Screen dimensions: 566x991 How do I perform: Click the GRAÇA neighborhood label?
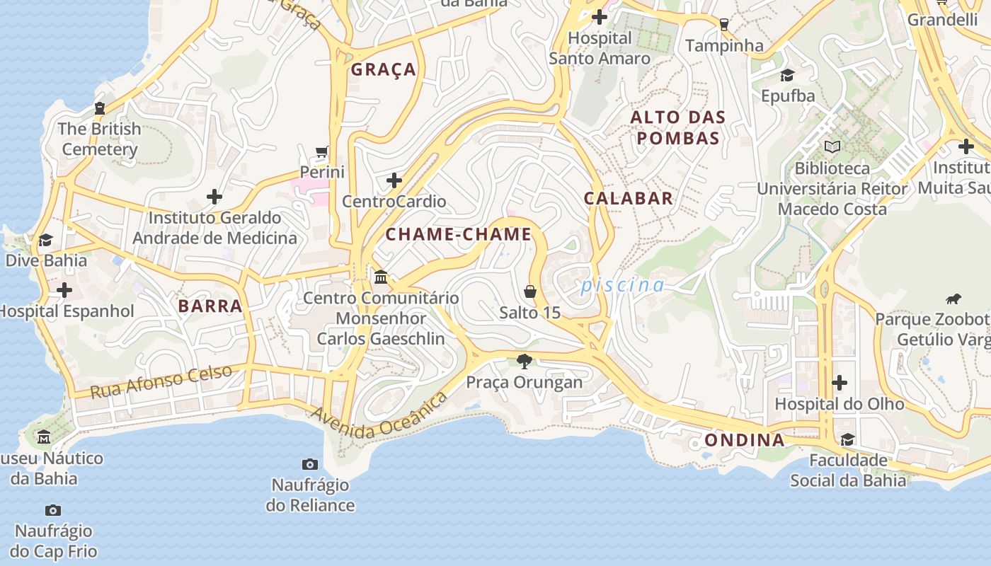click(384, 69)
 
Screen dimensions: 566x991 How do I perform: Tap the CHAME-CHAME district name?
click(458, 234)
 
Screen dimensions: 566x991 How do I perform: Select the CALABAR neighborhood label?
click(628, 198)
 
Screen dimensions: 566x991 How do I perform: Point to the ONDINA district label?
click(744, 440)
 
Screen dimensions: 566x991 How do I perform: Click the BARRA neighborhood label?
click(210, 306)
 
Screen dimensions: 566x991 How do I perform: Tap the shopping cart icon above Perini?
click(322, 151)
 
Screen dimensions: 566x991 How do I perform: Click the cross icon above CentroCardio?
click(394, 180)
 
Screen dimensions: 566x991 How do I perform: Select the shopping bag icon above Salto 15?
click(529, 291)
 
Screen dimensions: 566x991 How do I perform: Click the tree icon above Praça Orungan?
click(525, 362)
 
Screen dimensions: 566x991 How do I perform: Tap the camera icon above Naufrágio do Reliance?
click(309, 464)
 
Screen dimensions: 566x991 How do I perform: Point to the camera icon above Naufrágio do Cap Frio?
click(53, 510)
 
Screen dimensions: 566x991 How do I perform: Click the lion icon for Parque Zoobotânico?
click(953, 299)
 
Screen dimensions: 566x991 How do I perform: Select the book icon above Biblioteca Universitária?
click(832, 147)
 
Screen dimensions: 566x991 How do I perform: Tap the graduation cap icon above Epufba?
click(787, 75)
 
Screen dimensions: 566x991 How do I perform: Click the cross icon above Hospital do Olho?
click(840, 383)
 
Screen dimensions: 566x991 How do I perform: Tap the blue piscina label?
click(622, 285)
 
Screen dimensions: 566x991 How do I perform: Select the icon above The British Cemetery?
click(99, 108)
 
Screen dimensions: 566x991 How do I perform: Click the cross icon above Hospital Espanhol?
click(64, 290)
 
